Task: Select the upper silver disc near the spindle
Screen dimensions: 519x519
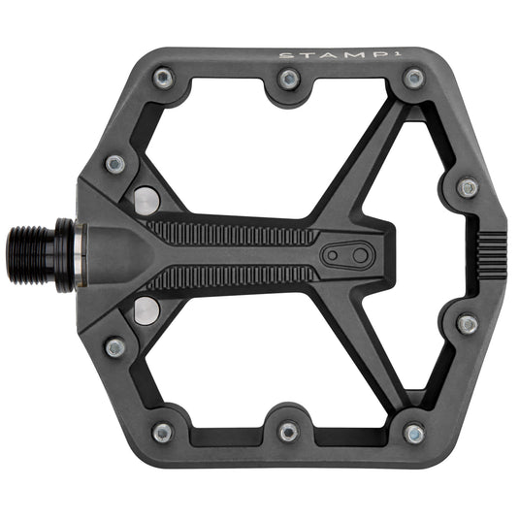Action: coord(146,201)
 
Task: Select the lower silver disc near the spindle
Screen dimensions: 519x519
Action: coord(146,311)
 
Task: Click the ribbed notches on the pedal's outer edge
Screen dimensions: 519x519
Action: coord(489,255)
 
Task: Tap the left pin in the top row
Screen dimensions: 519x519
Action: coord(163,78)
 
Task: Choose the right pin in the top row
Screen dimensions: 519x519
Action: coord(414,78)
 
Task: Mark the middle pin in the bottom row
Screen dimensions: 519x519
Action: coord(288,431)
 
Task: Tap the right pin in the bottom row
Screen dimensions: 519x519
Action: coord(414,433)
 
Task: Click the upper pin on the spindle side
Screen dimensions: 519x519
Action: coord(115,164)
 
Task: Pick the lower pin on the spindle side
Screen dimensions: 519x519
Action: coord(115,346)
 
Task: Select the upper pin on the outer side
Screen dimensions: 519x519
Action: coord(468,187)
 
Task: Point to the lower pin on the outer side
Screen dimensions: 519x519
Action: coord(468,324)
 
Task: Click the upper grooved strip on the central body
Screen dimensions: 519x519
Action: coord(233,234)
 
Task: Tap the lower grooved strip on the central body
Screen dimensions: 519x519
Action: coord(233,278)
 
